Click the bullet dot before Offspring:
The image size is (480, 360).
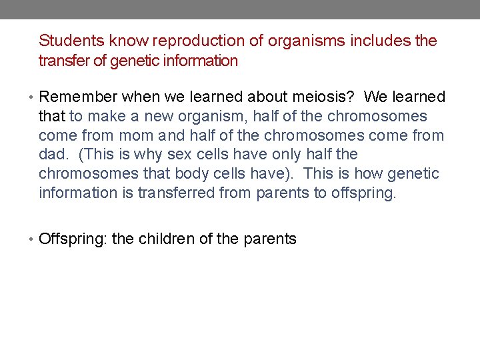click(33, 239)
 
